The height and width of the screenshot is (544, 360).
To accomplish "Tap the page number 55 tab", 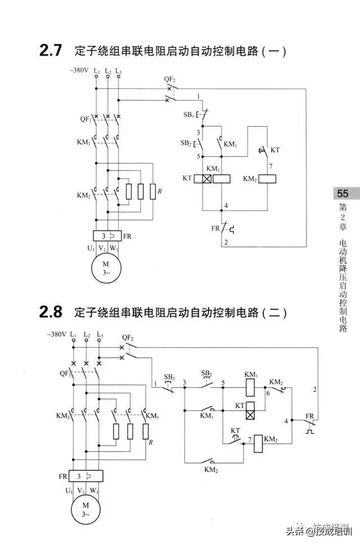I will pos(343,194).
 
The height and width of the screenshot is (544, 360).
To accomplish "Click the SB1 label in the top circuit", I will pos(188,115).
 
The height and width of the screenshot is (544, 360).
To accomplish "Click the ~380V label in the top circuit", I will pos(79,71).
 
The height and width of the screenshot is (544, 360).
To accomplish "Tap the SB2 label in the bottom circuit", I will pos(206,374).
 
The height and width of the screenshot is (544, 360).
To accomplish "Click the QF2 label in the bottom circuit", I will pos(128,338).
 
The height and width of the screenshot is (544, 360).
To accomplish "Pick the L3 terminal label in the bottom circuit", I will pos(100,335).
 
